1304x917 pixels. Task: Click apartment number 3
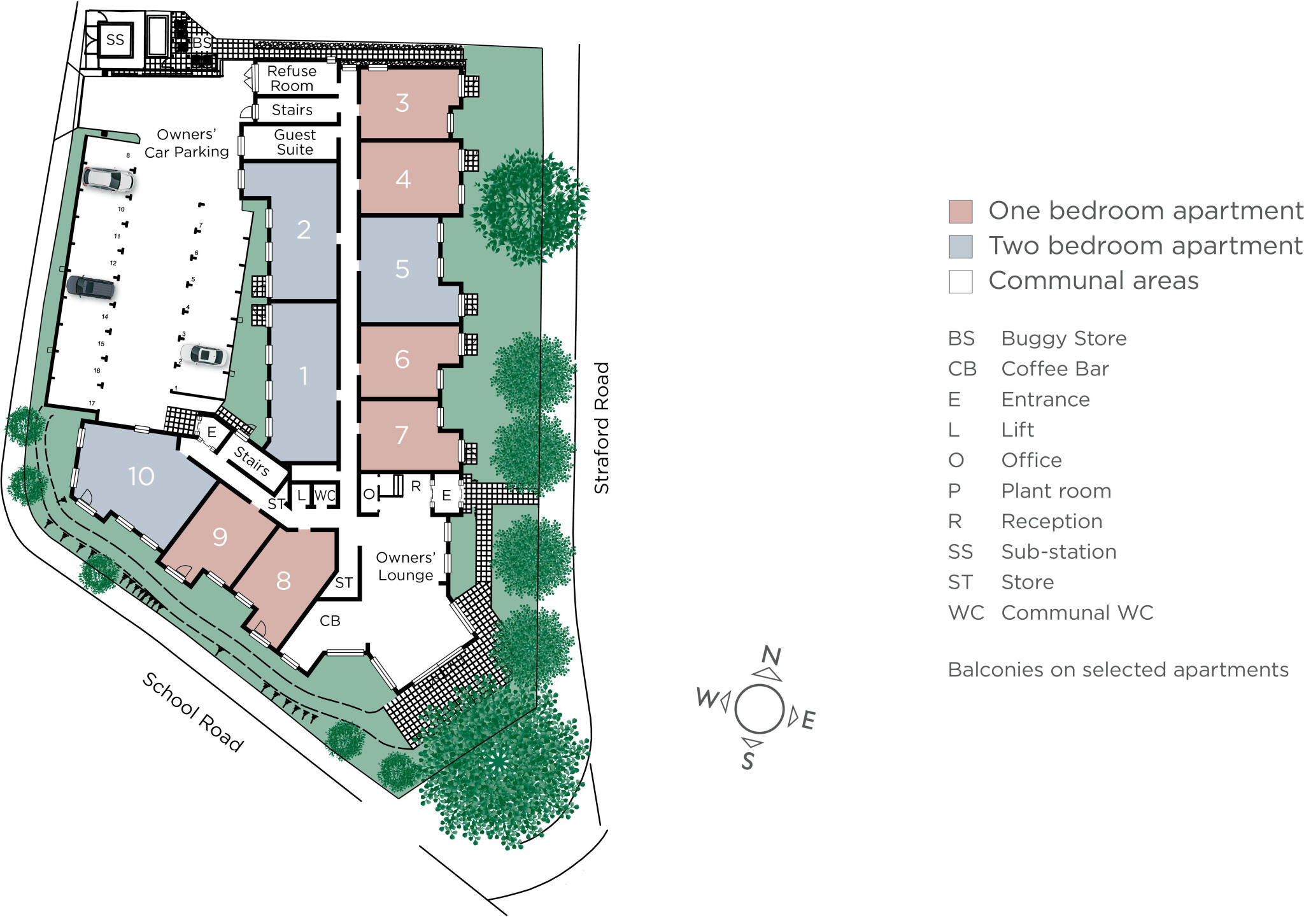point(402,102)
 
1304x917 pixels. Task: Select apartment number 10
point(141,476)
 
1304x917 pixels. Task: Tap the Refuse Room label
point(292,78)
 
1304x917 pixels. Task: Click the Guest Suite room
point(294,143)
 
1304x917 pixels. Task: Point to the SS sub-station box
point(115,40)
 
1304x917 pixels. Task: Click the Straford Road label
point(602,428)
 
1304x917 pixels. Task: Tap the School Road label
point(192,712)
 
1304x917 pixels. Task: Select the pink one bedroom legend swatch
point(960,211)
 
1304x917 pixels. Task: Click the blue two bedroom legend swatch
point(960,246)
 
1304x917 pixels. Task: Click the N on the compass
point(771,655)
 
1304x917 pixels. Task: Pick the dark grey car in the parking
point(91,287)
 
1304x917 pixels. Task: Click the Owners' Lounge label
point(406,566)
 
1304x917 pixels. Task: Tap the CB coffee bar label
point(330,620)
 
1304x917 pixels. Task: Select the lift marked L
point(301,495)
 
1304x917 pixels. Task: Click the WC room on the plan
point(325,495)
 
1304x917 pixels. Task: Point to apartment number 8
point(283,580)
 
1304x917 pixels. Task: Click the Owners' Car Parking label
point(186,143)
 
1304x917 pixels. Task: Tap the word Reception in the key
point(1051,521)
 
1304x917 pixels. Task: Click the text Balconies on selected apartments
point(1117,669)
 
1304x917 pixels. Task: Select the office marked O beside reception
point(369,494)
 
